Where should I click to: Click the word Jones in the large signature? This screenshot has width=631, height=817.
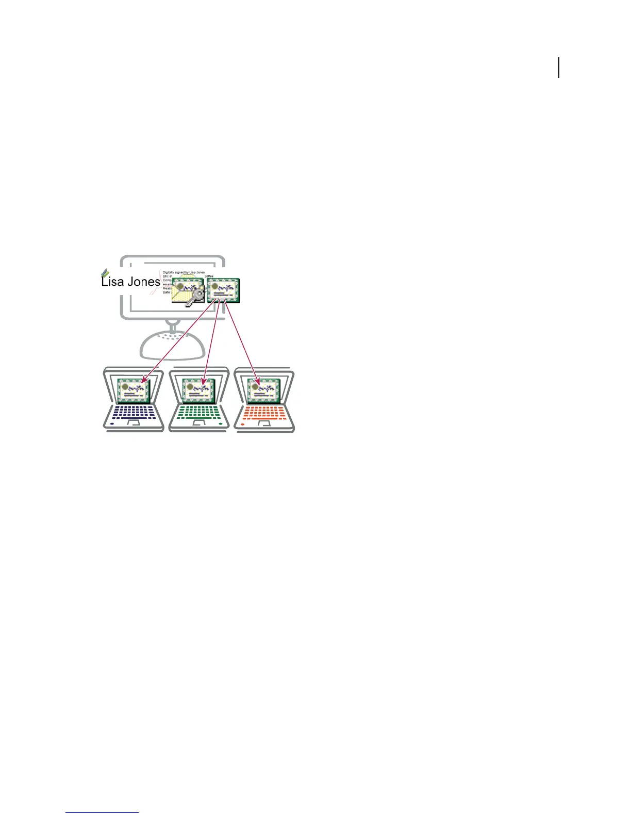pyautogui.click(x=144, y=282)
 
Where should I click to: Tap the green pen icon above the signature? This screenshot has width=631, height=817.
pyautogui.click(x=105, y=273)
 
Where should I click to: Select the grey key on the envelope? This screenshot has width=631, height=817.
pyautogui.click(x=195, y=298)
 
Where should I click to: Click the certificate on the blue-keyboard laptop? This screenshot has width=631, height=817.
pyautogui.click(x=134, y=390)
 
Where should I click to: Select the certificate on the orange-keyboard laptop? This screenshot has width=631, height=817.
pyautogui.click(x=264, y=390)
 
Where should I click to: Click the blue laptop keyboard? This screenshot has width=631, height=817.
pyautogui.click(x=134, y=412)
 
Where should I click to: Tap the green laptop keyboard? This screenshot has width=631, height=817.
pyautogui.click(x=199, y=412)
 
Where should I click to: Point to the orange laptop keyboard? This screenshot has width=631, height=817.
pyautogui.click(x=264, y=412)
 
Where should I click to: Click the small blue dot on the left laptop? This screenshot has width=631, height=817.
pyautogui.click(x=112, y=424)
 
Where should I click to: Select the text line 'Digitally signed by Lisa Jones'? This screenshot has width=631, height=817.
pyautogui.click(x=184, y=272)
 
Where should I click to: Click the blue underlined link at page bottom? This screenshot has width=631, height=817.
pyautogui.click(x=102, y=813)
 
